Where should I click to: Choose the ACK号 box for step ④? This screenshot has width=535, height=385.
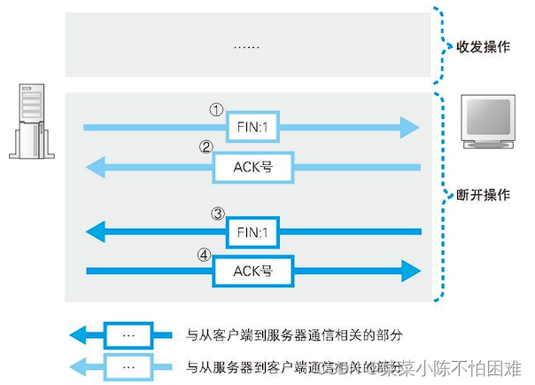pos(252,270)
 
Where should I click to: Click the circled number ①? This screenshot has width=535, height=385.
pos(214,110)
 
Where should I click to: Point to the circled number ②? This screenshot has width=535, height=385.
pos(205,147)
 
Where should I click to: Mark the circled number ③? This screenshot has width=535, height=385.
pos(216,214)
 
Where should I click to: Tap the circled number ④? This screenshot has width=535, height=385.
pos(205,253)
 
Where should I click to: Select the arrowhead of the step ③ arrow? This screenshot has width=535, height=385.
pos(97,232)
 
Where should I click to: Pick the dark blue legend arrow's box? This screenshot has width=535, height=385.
pos(128,335)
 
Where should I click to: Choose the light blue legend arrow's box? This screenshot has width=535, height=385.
pos(128,365)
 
